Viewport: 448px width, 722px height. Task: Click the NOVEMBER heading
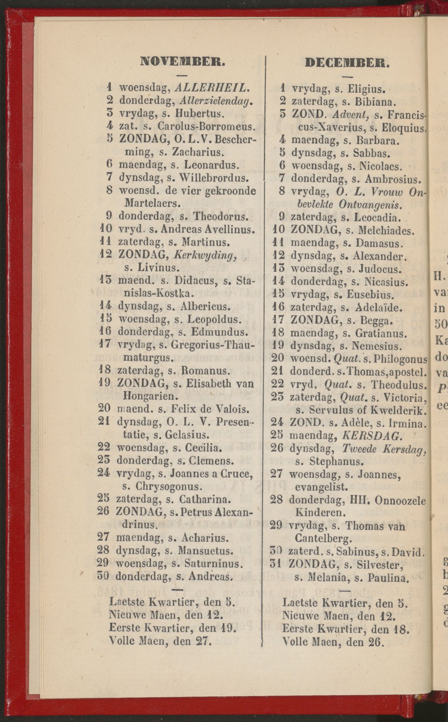click(182, 62)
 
